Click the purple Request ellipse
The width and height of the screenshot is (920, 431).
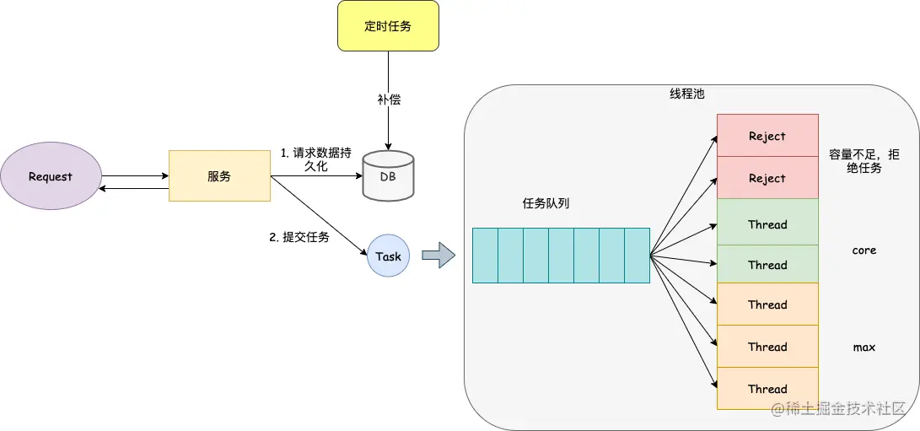click(x=51, y=177)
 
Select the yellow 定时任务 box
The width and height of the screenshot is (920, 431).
click(x=388, y=26)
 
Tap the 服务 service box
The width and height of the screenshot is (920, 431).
click(x=219, y=176)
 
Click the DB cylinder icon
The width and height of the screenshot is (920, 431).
click(x=388, y=175)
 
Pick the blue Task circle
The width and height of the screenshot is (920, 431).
click(x=388, y=256)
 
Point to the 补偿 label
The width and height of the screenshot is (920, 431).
click(x=389, y=100)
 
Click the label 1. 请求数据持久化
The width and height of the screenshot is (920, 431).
click(x=315, y=160)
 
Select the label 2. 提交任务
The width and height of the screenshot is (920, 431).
click(x=299, y=238)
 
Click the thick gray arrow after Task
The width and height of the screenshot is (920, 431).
click(x=438, y=256)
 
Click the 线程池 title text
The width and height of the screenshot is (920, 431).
click(x=686, y=94)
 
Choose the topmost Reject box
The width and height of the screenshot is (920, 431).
click(x=767, y=136)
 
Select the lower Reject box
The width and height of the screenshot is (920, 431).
click(x=767, y=178)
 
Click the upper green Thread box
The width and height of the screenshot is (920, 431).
click(x=767, y=224)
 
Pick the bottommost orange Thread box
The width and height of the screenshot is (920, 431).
click(x=767, y=389)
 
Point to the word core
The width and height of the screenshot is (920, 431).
click(x=864, y=251)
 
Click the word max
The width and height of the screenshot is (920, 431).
click(x=864, y=347)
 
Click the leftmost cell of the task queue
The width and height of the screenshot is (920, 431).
click(x=485, y=256)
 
